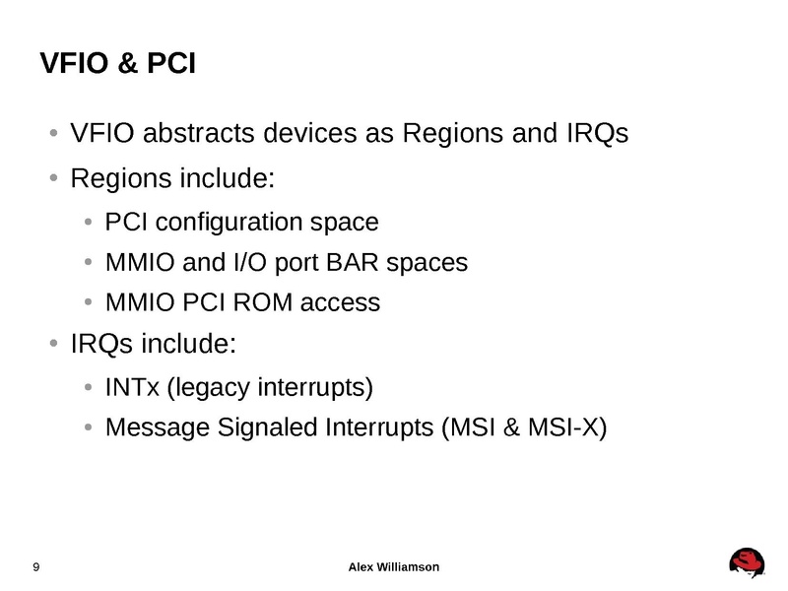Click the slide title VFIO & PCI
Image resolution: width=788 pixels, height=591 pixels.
click(117, 64)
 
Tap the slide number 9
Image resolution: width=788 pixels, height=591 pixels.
click(36, 566)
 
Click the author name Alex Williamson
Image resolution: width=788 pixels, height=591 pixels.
click(395, 566)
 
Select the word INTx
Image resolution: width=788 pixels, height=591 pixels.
click(132, 386)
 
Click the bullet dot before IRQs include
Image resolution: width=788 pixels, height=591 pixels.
click(54, 345)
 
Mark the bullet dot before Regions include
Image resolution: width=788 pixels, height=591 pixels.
click(54, 180)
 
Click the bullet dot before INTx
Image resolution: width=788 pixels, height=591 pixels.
click(89, 386)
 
